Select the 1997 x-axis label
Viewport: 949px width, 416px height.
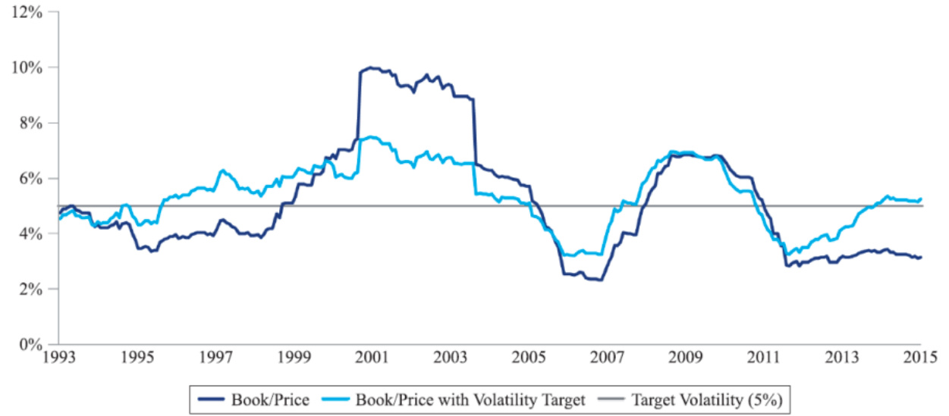216,357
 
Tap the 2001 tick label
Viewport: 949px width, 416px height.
373,357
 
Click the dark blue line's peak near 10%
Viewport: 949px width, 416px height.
370,67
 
